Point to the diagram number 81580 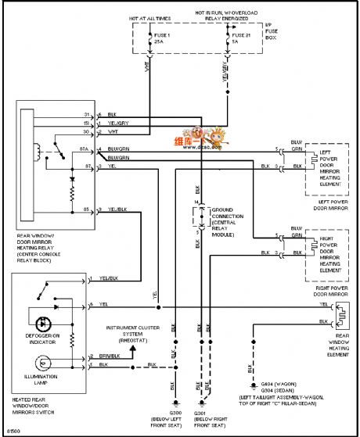tap(13, 430)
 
